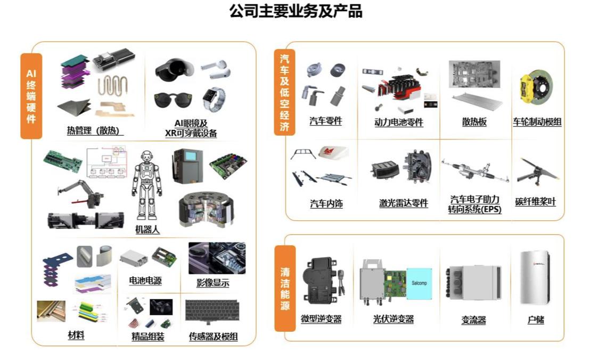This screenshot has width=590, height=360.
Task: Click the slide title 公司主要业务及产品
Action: click(296, 11)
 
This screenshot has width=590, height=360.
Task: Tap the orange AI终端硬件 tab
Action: click(31, 96)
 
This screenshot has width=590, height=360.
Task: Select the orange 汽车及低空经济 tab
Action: click(284, 92)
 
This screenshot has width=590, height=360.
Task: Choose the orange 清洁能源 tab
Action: click(285, 289)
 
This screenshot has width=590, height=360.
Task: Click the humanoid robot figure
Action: click(147, 185)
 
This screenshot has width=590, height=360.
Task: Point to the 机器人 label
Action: click(147, 230)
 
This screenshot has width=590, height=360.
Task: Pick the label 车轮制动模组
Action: click(537, 122)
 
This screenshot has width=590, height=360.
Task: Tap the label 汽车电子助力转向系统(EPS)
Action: click(475, 204)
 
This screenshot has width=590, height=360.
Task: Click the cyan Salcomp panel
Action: click(419, 284)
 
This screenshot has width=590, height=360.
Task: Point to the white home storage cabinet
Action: click(534, 277)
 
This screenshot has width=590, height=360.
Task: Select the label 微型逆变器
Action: click(321, 319)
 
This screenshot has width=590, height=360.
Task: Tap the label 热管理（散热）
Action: click(95, 130)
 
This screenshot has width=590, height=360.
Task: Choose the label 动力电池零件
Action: click(398, 122)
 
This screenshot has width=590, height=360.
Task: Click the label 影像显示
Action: click(212, 283)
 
